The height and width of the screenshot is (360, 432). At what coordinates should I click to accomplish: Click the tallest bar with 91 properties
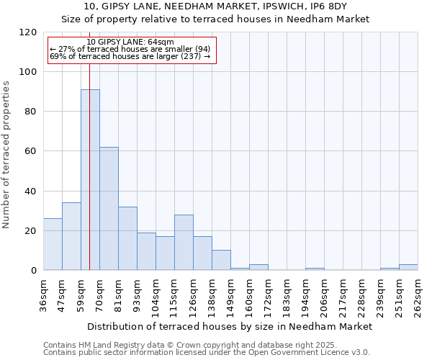pos(90,180)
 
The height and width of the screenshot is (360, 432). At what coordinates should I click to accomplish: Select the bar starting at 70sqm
pos(109,209)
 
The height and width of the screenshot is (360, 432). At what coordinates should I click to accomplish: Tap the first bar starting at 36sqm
pos(53,244)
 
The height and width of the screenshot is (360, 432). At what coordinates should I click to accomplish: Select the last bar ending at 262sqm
pos(408,267)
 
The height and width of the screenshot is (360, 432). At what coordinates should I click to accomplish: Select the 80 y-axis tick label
pos(30,112)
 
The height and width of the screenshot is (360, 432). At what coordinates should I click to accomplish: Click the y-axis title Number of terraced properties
pos(6,155)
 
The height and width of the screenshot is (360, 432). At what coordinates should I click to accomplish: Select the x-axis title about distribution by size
pos(229,326)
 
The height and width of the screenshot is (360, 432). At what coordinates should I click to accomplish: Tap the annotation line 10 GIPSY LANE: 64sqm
pos(130,42)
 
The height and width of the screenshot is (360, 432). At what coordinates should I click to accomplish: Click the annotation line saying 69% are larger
pos(130,56)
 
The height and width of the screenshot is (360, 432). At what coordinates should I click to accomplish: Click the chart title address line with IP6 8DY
pos(215,6)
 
